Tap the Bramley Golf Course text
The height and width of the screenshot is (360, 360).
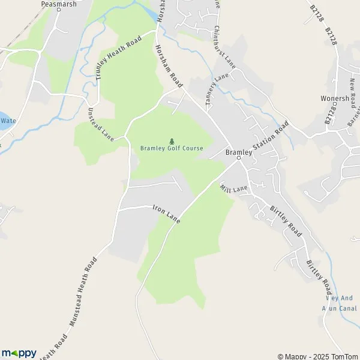point(172,148)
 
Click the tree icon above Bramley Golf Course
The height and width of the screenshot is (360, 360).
point(172,140)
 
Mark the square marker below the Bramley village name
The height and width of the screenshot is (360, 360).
point(238,159)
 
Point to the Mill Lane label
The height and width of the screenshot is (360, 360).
point(233,188)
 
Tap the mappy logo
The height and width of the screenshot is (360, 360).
point(19,353)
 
